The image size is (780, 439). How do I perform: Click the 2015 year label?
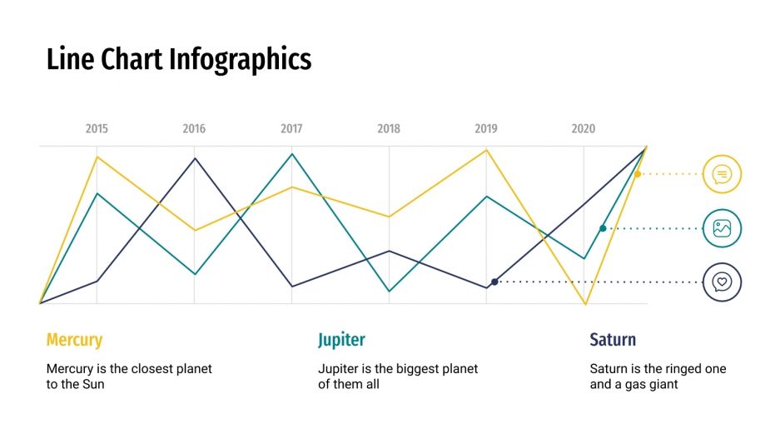click(x=97, y=129)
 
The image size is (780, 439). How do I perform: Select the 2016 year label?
click(x=194, y=129)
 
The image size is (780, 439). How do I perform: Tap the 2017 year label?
click(x=291, y=129)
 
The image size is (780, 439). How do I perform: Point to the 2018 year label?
click(x=389, y=129)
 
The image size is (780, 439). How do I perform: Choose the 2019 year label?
click(x=486, y=129)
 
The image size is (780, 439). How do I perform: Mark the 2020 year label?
click(x=584, y=129)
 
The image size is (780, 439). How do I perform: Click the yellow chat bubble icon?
click(x=722, y=174)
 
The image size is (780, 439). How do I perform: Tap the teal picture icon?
click(x=722, y=228)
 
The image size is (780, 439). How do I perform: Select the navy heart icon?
click(x=722, y=282)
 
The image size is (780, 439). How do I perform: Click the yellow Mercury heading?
click(x=74, y=340)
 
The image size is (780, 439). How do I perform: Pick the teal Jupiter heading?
click(x=341, y=340)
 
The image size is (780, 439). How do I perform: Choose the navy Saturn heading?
click(x=613, y=340)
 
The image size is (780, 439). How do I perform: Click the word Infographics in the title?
click(x=240, y=59)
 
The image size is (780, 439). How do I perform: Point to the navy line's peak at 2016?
click(x=195, y=157)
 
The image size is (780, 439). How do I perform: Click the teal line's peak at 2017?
click(x=291, y=154)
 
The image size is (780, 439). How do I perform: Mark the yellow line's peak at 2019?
click(x=486, y=150)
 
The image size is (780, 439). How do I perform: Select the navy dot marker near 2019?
click(x=494, y=282)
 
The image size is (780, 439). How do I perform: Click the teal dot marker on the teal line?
click(x=603, y=228)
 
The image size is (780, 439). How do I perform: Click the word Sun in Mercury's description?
click(x=93, y=385)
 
